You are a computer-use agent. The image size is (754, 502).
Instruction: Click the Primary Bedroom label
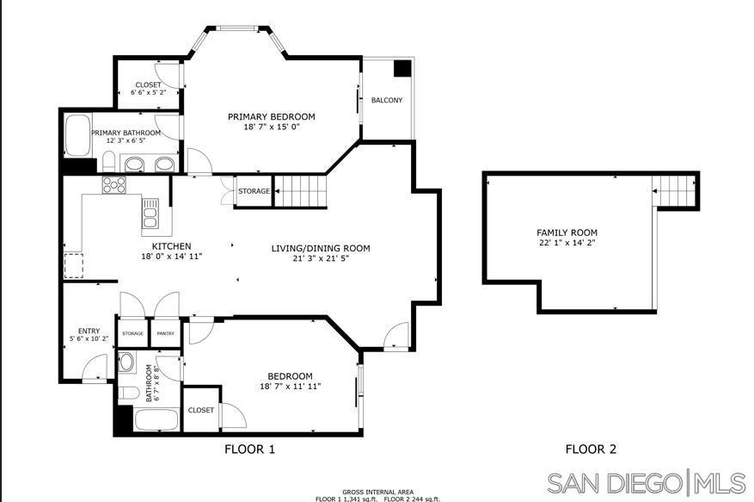(x=271, y=116)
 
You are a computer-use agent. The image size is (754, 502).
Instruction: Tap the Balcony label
(x=387, y=100)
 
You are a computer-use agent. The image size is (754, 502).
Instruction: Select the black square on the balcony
(x=403, y=68)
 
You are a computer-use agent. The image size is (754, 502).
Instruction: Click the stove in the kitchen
(x=114, y=185)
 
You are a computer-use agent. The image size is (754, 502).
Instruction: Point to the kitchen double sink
(x=150, y=213)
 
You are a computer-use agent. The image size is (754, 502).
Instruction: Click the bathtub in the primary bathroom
(x=78, y=135)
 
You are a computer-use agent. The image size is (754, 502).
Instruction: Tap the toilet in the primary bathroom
(x=109, y=161)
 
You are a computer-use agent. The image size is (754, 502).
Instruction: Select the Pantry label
(x=165, y=333)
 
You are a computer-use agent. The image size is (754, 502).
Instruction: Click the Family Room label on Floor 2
(x=567, y=232)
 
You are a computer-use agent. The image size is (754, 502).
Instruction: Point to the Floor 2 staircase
(x=674, y=191)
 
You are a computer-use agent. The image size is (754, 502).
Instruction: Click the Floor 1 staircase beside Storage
(x=301, y=190)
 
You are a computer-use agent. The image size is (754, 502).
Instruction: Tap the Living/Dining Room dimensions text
(x=321, y=258)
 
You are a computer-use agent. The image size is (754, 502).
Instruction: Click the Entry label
(x=89, y=331)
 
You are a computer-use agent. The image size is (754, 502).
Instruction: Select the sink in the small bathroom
(x=127, y=362)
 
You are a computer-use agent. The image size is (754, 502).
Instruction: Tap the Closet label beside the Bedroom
(x=201, y=410)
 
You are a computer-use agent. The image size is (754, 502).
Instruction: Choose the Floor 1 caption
(x=249, y=449)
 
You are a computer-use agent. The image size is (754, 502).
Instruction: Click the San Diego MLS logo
(x=647, y=483)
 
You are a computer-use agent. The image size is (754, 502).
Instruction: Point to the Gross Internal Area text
(x=378, y=492)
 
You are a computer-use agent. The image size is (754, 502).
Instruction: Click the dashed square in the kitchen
(x=74, y=265)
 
